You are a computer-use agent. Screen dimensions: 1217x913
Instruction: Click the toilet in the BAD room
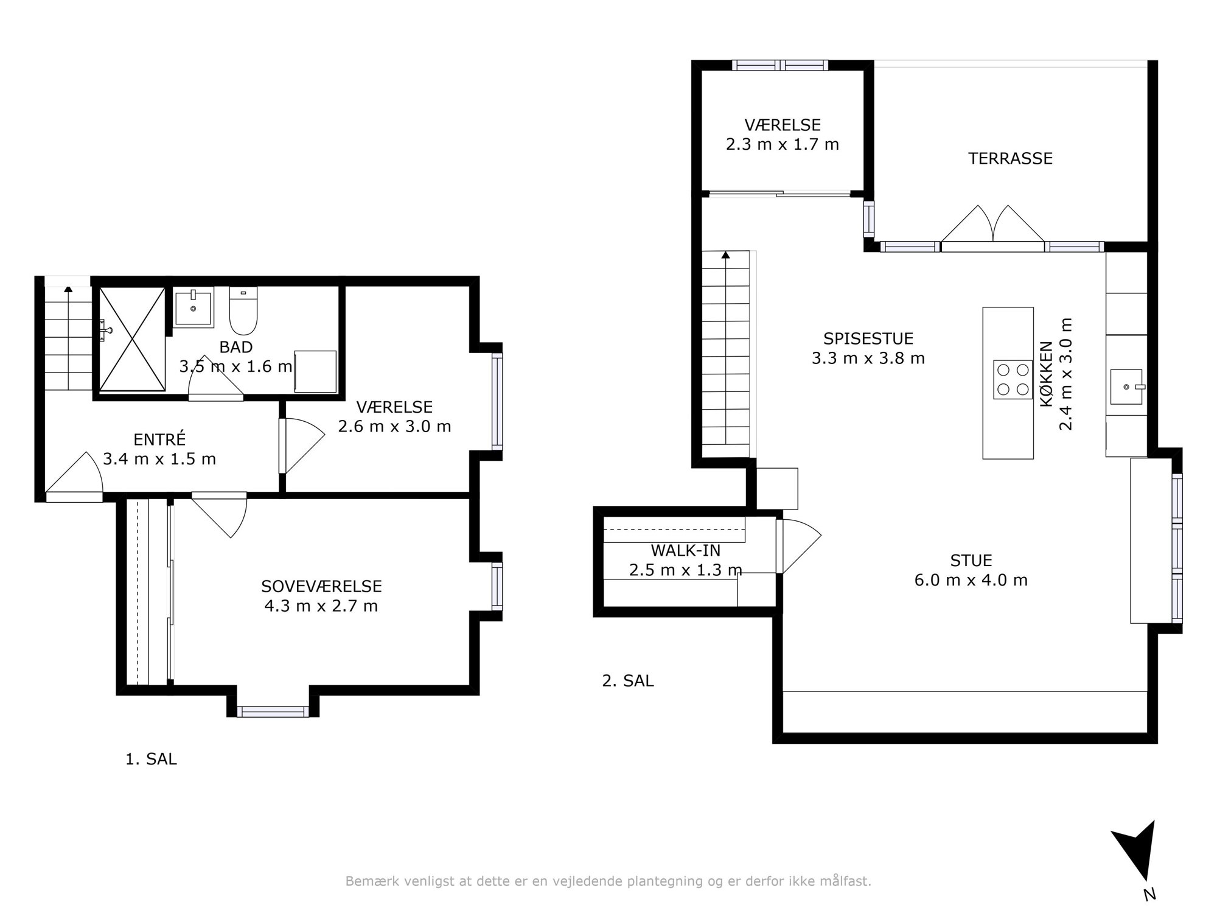coord(243,310)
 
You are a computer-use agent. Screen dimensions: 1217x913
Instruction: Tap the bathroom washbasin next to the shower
coord(194,309)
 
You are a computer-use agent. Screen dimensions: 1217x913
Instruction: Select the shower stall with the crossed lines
coord(132,338)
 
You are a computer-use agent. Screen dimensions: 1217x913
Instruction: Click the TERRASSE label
coord(1010,158)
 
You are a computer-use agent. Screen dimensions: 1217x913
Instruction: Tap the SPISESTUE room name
coord(868,338)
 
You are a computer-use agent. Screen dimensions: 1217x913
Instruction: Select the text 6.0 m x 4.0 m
coord(971,580)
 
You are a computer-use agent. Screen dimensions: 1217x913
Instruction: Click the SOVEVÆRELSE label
coord(321,586)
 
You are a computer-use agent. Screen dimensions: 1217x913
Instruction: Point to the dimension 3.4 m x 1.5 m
coord(159,459)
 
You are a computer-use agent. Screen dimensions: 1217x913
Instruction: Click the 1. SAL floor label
coord(151,759)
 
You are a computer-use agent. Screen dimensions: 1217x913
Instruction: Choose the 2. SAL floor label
coord(628,680)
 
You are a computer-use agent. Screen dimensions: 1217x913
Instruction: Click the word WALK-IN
coord(685,550)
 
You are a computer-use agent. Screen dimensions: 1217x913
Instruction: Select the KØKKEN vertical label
coord(1046,374)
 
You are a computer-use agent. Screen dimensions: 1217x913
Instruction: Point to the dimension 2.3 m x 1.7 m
coord(783,144)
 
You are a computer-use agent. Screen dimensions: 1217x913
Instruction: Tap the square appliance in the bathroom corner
coord(315,371)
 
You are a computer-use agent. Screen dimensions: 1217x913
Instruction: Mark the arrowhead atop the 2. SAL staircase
coord(725,254)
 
